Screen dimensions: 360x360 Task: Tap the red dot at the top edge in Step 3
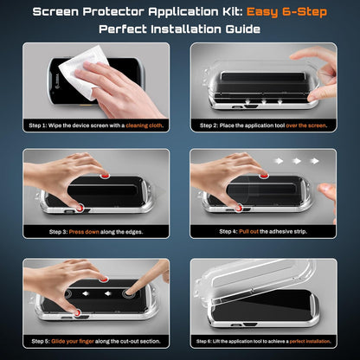coord(105,175)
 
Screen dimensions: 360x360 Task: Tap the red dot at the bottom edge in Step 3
coord(79,208)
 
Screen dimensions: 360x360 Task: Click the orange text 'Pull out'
coord(252,231)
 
